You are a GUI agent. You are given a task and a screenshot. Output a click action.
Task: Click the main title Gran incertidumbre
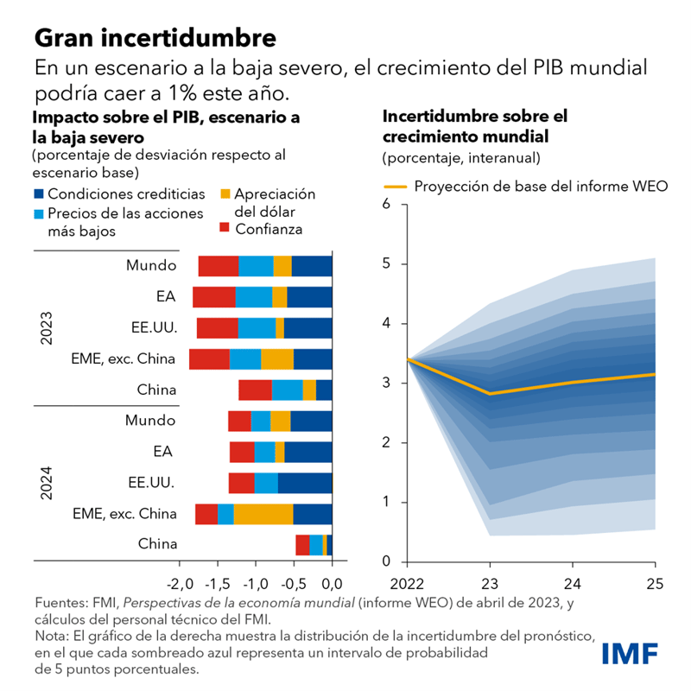(155, 38)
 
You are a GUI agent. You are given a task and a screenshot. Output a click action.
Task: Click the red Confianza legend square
(226, 229)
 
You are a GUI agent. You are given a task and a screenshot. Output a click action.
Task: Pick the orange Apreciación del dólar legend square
(225, 194)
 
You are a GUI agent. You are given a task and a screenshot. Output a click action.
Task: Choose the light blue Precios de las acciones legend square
(39, 213)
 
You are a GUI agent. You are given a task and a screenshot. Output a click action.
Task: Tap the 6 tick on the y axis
(386, 204)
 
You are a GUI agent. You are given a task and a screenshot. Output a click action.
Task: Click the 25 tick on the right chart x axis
(654, 583)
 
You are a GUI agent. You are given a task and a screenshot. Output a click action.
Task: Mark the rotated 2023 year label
(47, 328)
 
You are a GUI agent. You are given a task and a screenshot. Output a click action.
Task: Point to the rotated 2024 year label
(47, 483)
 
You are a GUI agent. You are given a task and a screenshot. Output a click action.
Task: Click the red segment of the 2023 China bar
(256, 390)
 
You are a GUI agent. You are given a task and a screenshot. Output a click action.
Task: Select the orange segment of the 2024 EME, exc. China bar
(263, 514)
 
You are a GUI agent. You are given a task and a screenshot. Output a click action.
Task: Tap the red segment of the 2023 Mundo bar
(219, 266)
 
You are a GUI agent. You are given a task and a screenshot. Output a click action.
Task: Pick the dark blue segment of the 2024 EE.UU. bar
(305, 483)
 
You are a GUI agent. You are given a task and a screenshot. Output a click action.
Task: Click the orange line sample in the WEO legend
(395, 187)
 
